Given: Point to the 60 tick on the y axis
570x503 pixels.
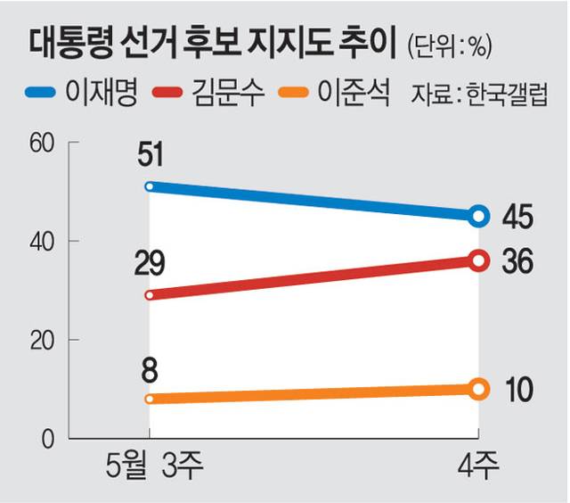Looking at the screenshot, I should click(x=41, y=142).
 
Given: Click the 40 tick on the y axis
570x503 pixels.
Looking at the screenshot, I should click(x=41, y=241).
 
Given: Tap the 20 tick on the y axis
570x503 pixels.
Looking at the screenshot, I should click(x=41, y=341).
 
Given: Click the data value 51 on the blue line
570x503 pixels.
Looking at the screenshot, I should click(x=151, y=158).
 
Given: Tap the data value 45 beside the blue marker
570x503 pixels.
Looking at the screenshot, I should click(x=517, y=217).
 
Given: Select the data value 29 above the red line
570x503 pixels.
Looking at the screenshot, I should click(x=151, y=265).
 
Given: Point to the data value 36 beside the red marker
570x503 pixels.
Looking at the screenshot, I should click(x=517, y=261).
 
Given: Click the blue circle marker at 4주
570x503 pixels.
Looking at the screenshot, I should click(x=479, y=216).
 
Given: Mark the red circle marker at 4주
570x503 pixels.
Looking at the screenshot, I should click(x=479, y=260).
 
